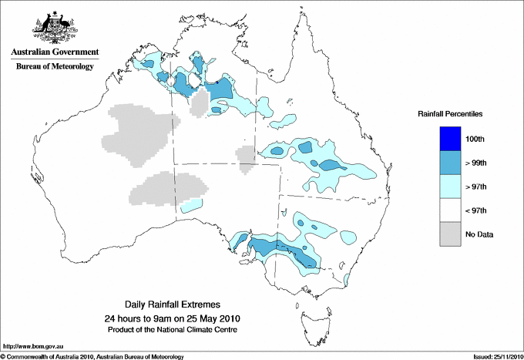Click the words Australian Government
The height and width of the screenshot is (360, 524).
55,52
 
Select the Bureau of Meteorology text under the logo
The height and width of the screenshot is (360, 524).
55,66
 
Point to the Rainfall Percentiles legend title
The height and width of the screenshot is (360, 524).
450,114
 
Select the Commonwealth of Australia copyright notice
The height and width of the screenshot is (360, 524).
92,355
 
